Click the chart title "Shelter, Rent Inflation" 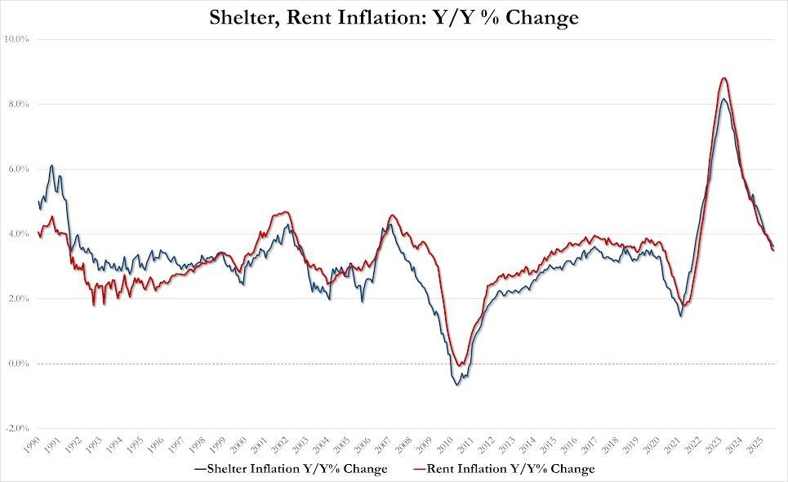[x=394, y=17]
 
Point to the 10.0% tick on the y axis [x=19, y=39]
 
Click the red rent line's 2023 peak [x=724, y=78]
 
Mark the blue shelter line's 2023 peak [x=723, y=100]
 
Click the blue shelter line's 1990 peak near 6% [x=52, y=165]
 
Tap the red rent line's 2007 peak [x=393, y=216]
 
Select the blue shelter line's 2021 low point [x=681, y=315]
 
